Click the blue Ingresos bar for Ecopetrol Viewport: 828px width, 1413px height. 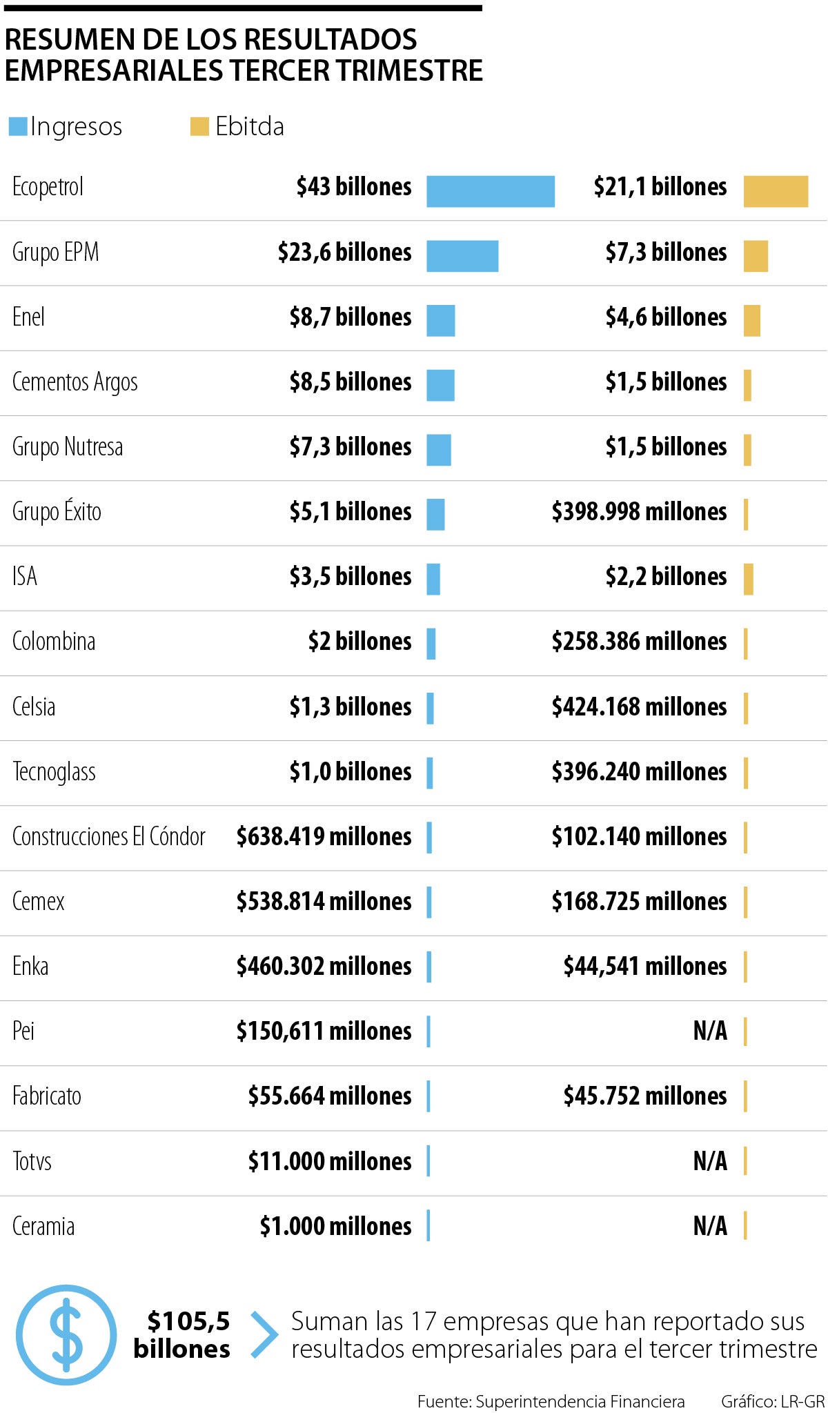pyautogui.click(x=490, y=191)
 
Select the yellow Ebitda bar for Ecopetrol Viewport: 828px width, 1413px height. pyautogui.click(x=776, y=191)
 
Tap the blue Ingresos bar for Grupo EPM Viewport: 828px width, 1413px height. pyautogui.click(x=462, y=256)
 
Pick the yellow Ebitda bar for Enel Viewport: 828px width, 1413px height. pyautogui.click(x=751, y=321)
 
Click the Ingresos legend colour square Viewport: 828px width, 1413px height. pyautogui.click(x=18, y=126)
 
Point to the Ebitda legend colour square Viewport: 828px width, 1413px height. pyautogui.click(x=199, y=126)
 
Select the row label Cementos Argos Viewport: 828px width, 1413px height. pyautogui.click(x=75, y=382)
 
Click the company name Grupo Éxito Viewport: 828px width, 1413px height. pyautogui.click(x=57, y=512)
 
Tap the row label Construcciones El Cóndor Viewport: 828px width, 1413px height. pyautogui.click(x=109, y=836)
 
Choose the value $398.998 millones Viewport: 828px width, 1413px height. pyautogui.click(x=639, y=512)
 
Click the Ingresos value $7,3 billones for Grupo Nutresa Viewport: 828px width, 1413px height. pyautogui.click(x=351, y=447)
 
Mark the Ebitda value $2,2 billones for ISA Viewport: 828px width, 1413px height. pyautogui.click(x=666, y=577)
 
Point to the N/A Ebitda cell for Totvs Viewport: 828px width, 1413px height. pyautogui.click(x=710, y=1161)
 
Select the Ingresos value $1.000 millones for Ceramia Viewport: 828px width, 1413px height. pyautogui.click(x=335, y=1226)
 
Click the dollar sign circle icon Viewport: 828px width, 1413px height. pyautogui.click(x=66, y=1334)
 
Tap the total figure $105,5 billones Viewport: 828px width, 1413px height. pyautogui.click(x=182, y=1334)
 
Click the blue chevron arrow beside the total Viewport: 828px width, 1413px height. pyautogui.click(x=264, y=1334)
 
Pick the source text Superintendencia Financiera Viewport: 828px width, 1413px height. pyautogui.click(x=580, y=1401)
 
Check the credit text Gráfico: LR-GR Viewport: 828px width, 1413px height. pyautogui.click(x=773, y=1401)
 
